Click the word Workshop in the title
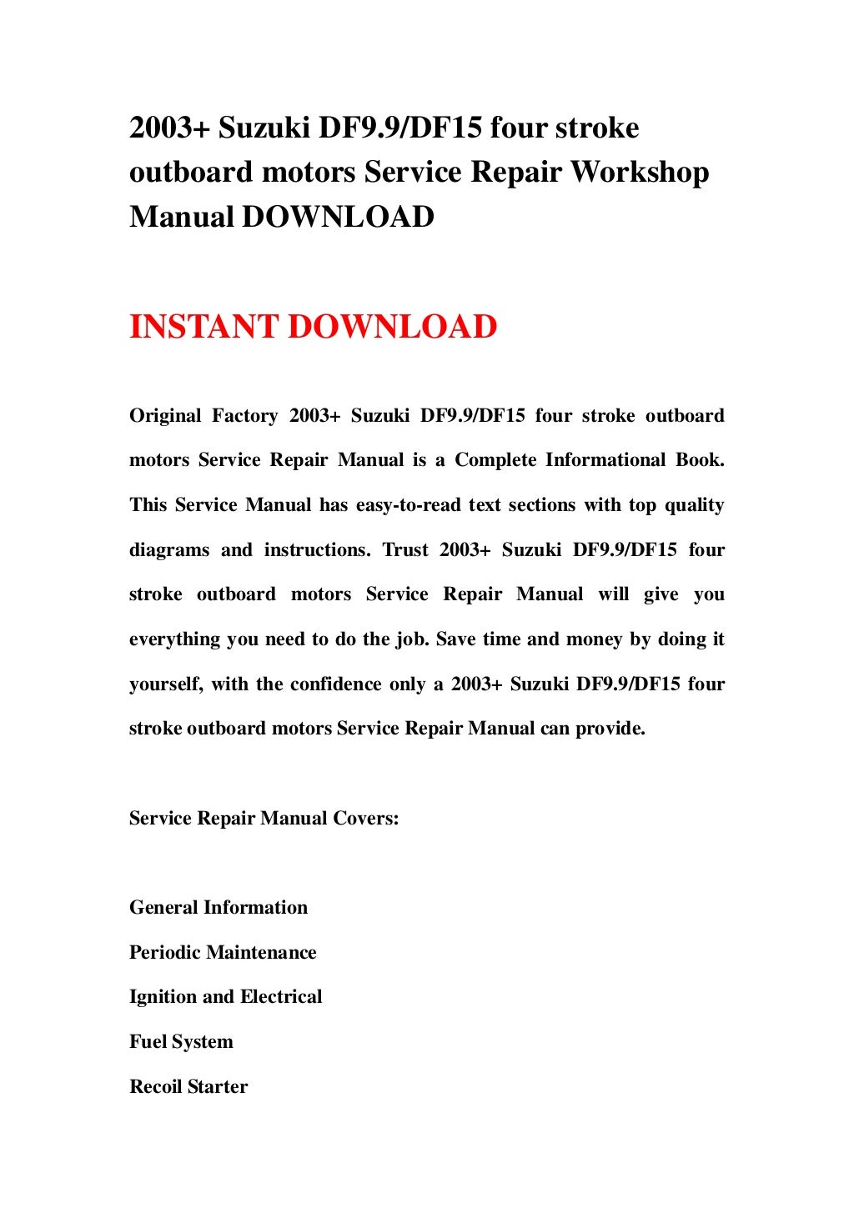(639, 173)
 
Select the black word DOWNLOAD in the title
(338, 217)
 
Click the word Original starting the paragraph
(165, 416)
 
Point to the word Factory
(244, 416)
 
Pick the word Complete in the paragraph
(495, 460)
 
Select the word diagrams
(169, 550)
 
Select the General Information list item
(219, 908)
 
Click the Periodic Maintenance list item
(223, 953)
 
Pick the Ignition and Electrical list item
(225, 997)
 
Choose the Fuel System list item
(181, 1042)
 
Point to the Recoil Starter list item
(188, 1087)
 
